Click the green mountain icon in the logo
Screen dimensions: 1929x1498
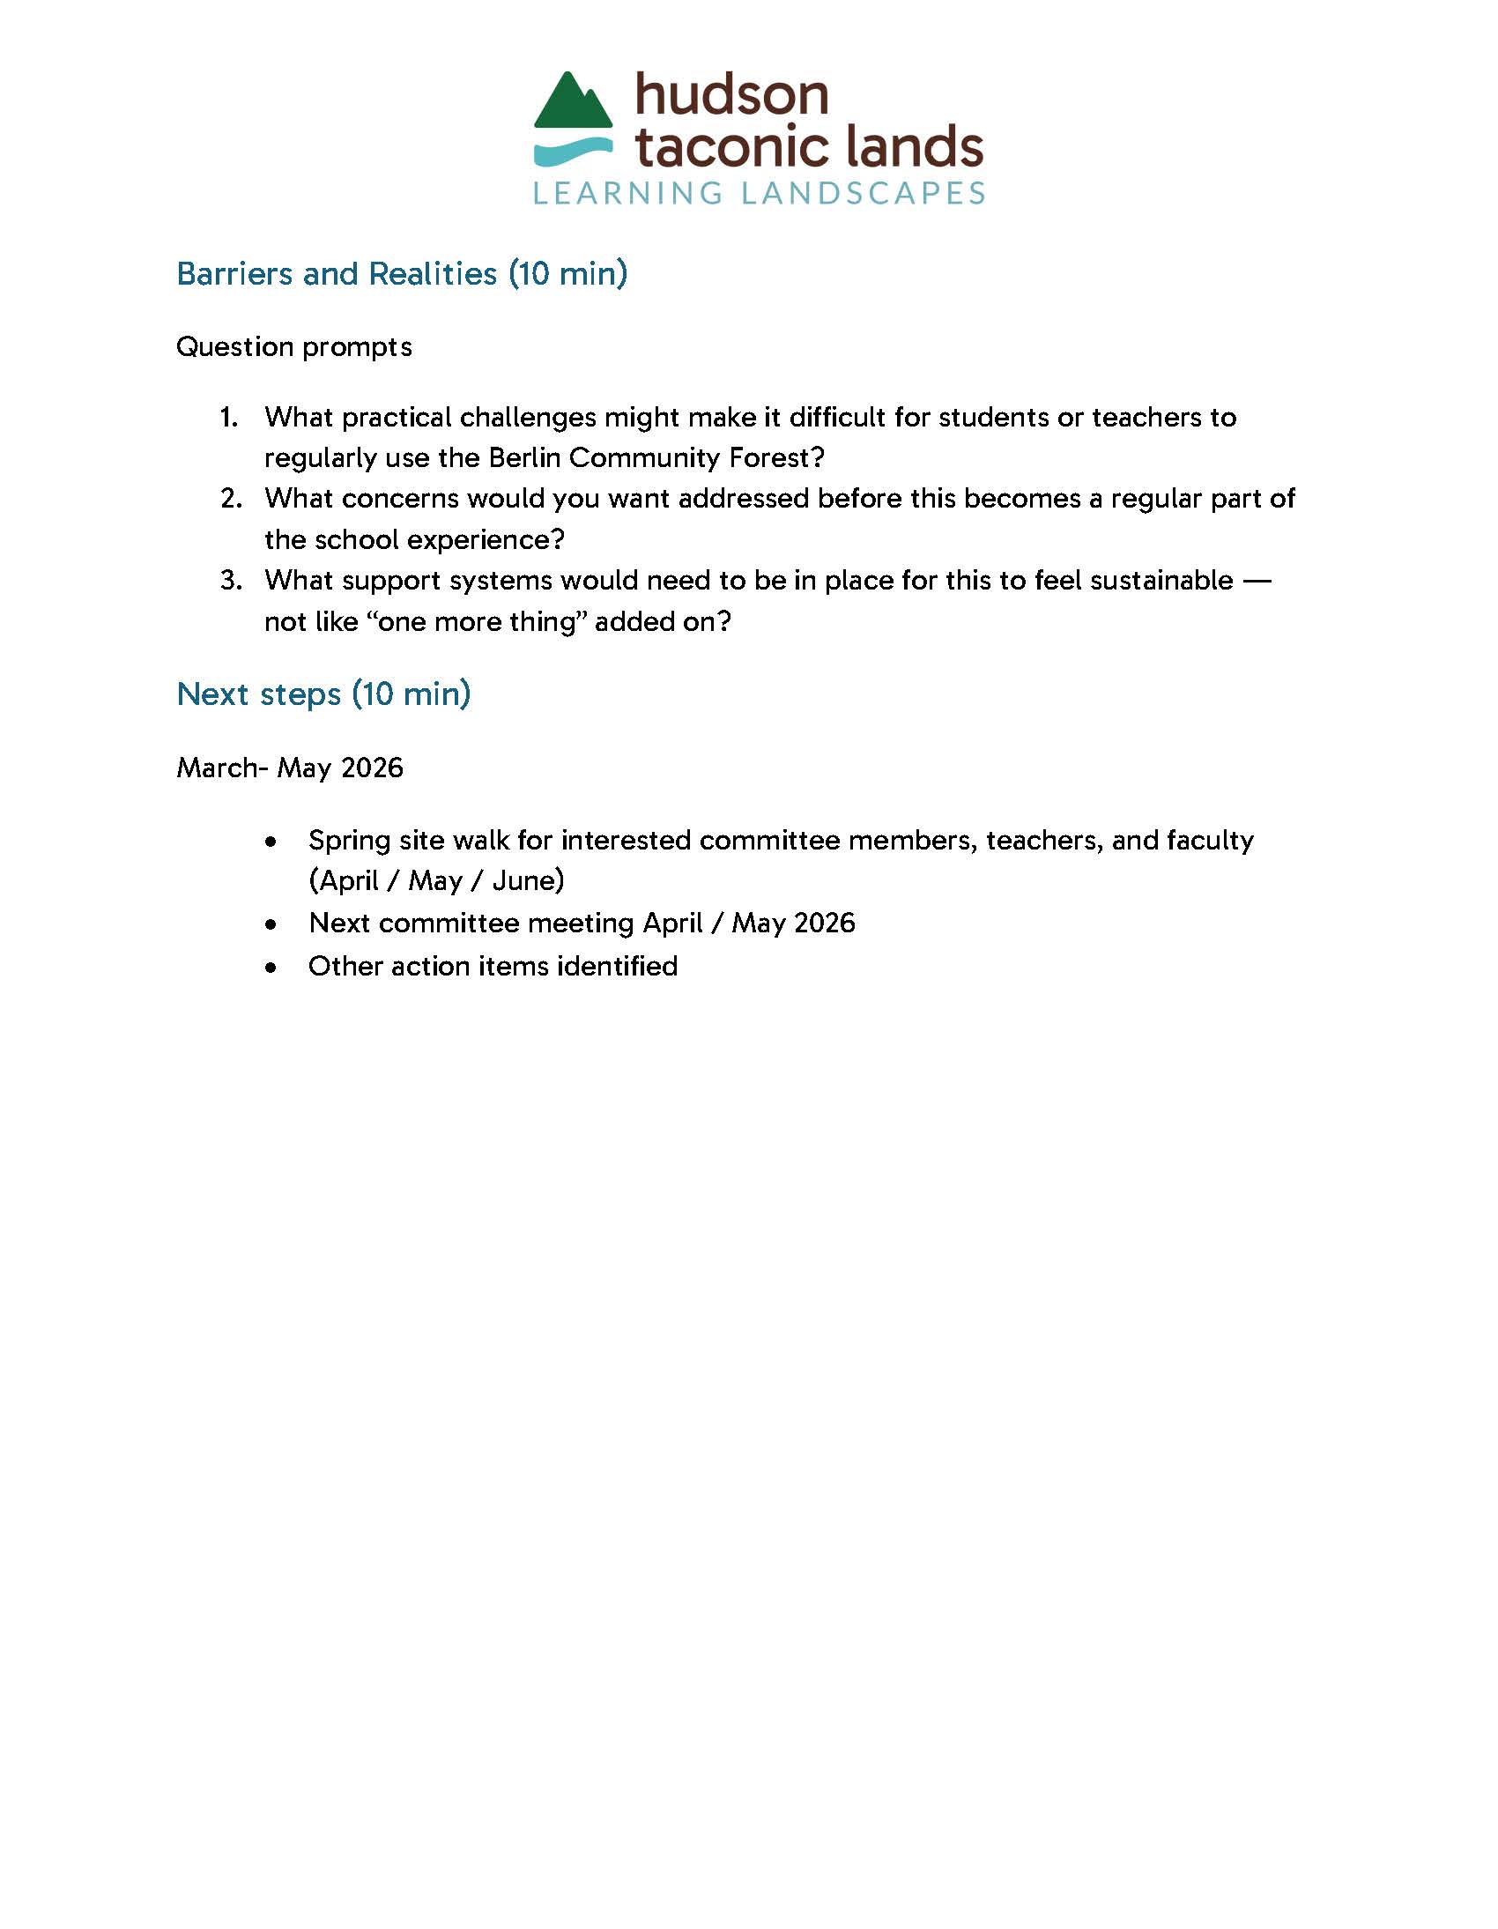click(x=573, y=106)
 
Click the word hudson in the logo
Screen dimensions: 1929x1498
click(x=731, y=95)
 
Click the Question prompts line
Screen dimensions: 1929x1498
click(x=294, y=346)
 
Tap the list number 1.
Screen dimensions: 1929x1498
click(x=229, y=417)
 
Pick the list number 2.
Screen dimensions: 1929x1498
click(x=231, y=499)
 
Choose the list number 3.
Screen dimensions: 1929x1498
click(x=231, y=581)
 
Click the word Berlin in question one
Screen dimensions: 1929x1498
click(x=524, y=457)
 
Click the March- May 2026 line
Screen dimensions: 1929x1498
click(x=290, y=768)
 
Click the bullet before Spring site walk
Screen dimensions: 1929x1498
click(x=271, y=842)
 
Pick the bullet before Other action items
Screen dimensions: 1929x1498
click(x=271, y=968)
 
